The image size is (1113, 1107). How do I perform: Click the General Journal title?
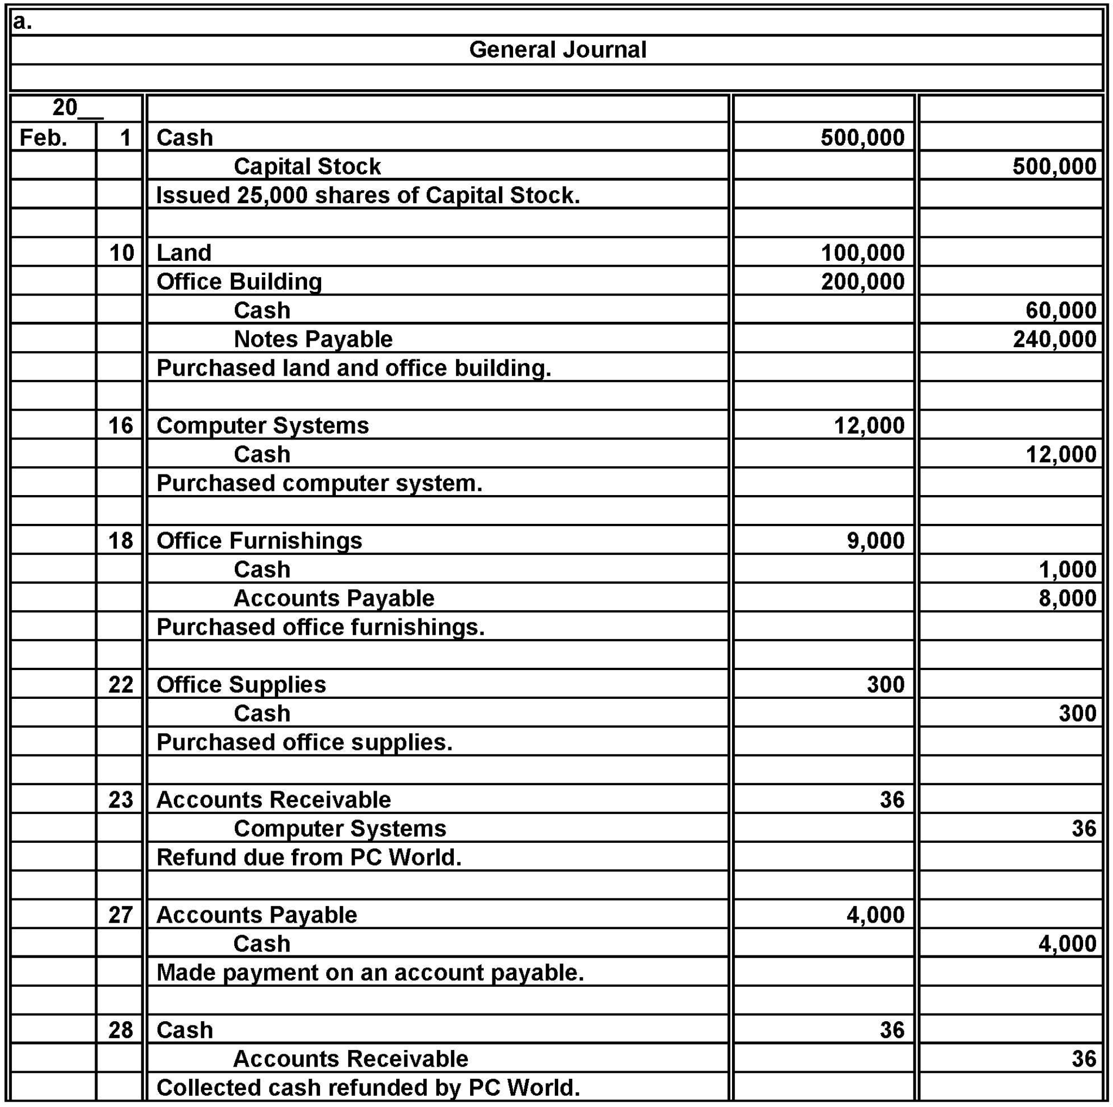point(557,49)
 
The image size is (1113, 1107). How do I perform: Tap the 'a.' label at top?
point(22,21)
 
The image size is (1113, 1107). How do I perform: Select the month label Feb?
point(43,137)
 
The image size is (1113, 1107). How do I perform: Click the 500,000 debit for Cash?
point(862,137)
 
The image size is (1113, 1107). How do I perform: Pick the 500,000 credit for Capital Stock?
point(1054,166)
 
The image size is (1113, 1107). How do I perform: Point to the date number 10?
point(122,253)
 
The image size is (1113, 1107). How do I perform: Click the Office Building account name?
point(239,282)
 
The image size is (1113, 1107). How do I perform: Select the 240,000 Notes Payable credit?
point(1054,339)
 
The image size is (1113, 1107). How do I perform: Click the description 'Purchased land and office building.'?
point(354,368)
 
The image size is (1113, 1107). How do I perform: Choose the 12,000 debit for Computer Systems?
point(869,426)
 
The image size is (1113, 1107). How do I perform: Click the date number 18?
point(121,541)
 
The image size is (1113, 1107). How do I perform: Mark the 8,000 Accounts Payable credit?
point(1067,598)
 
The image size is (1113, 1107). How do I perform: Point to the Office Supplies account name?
point(241,685)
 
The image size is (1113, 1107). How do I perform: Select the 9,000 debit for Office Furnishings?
point(875,541)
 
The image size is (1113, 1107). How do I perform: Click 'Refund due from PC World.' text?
point(309,858)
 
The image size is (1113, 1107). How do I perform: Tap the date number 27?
point(121,915)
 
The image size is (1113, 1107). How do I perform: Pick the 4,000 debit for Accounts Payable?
point(875,915)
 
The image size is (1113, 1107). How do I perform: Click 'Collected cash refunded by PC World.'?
point(367,1088)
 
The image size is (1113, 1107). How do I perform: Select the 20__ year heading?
point(76,108)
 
